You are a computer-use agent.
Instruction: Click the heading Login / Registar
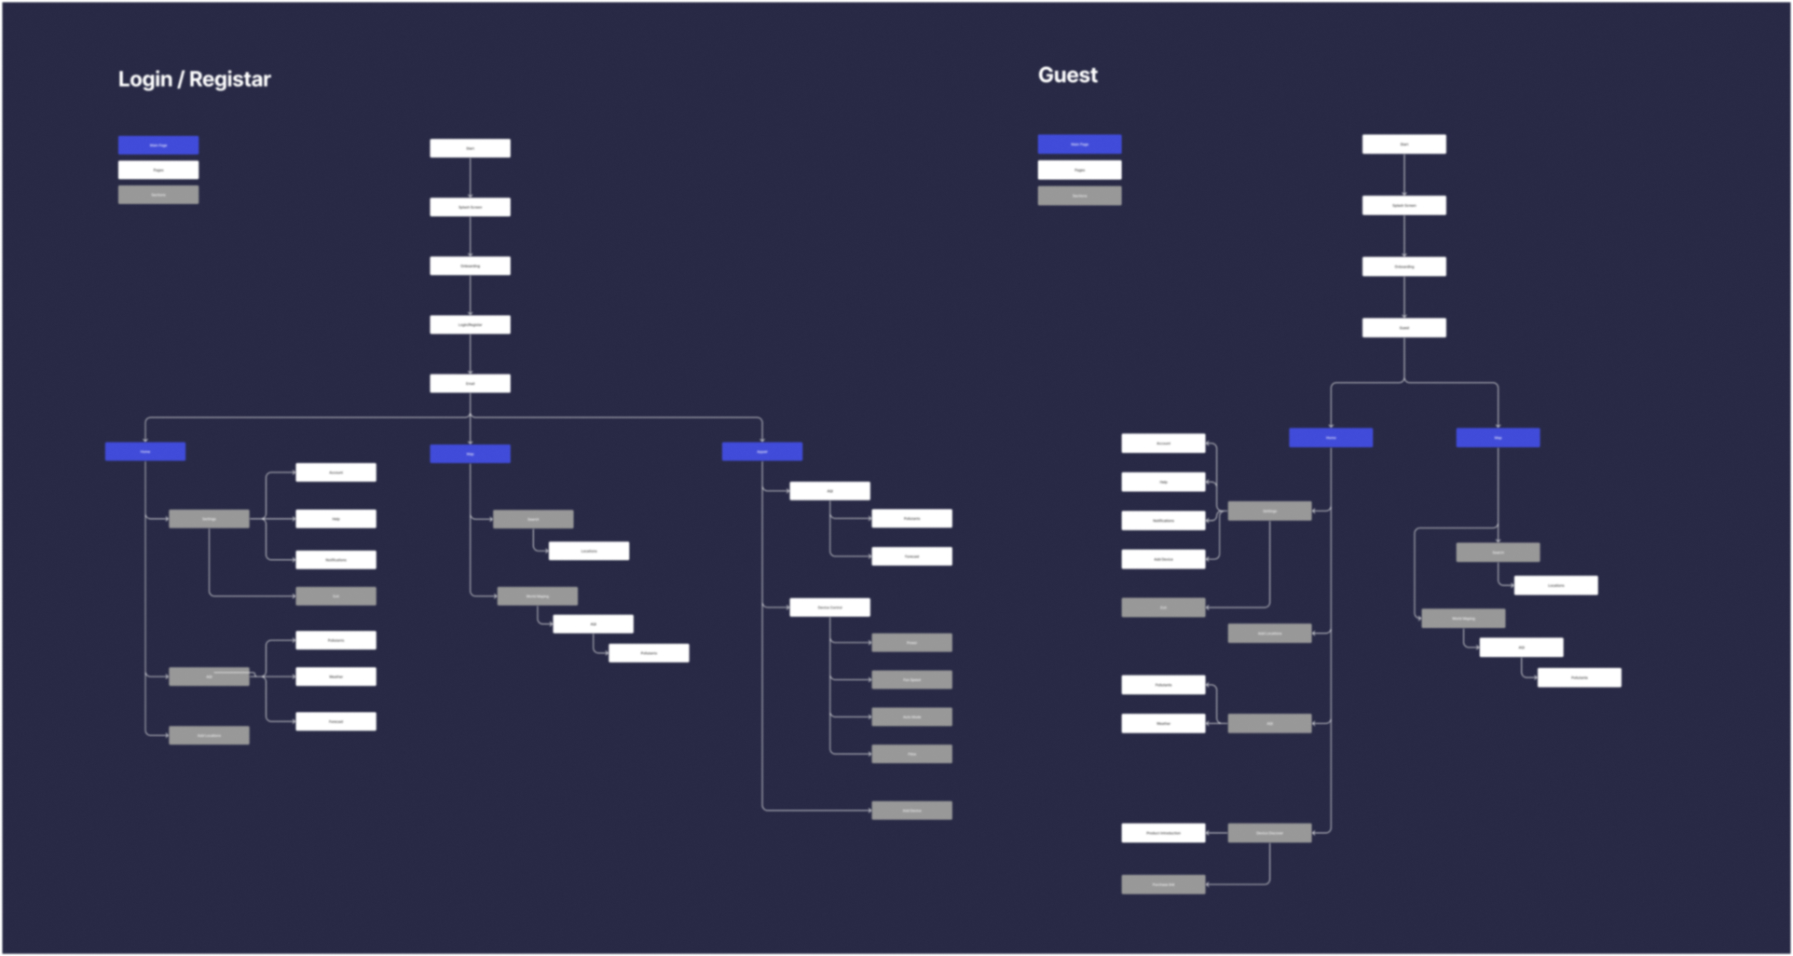point(194,79)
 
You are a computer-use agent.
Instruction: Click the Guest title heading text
point(1067,75)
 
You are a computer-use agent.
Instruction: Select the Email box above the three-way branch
point(470,383)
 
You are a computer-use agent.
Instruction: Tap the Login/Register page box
point(470,324)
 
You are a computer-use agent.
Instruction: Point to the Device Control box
point(829,608)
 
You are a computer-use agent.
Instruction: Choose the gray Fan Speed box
point(911,679)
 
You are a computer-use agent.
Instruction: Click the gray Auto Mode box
point(911,717)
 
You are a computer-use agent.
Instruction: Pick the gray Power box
point(911,642)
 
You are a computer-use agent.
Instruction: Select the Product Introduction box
point(1163,833)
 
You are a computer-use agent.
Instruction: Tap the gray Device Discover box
point(1269,833)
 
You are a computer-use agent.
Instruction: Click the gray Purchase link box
point(1163,884)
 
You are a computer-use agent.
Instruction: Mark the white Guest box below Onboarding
point(1403,328)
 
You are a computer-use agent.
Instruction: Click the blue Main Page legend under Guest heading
point(1079,144)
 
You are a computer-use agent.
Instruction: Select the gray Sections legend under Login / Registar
point(158,195)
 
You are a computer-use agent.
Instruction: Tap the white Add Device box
point(1163,559)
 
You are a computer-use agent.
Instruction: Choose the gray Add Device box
point(911,811)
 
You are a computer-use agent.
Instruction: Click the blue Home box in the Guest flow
point(1330,438)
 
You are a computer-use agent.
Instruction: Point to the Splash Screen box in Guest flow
point(1403,205)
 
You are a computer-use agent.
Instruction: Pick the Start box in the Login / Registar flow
point(470,148)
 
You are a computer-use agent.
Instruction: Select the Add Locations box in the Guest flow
point(1269,634)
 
